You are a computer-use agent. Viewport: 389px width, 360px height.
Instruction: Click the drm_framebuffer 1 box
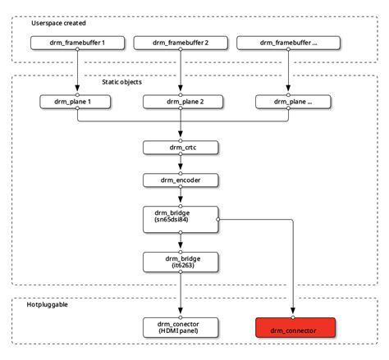coord(77,43)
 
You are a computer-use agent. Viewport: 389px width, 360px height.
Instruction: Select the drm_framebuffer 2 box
coord(181,43)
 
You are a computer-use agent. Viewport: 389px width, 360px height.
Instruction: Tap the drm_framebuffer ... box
coord(288,43)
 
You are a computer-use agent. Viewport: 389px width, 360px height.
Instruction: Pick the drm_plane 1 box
coord(76,102)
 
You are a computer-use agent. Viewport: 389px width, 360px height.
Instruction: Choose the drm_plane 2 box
coord(183,102)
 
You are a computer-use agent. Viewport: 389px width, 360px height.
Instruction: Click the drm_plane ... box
coord(293,102)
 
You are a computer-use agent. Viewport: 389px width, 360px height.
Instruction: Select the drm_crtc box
coord(181,148)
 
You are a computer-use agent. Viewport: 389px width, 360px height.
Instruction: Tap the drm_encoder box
coord(181,180)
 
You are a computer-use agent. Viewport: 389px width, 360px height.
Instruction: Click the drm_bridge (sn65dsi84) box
coord(181,220)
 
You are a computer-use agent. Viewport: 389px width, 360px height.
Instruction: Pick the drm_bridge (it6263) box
coord(181,262)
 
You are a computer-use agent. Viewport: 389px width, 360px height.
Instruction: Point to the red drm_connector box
coord(295,327)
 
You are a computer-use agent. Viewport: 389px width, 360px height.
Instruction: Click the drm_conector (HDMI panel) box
coord(181,327)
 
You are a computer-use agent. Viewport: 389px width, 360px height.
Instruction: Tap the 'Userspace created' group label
coord(58,23)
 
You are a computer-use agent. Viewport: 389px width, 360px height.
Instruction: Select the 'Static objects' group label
coord(121,82)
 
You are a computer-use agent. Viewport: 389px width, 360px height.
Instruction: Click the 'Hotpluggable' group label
coord(47,304)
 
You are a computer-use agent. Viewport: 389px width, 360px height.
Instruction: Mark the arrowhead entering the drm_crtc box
coord(181,134)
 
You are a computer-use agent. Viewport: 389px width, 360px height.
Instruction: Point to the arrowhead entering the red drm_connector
coord(293,311)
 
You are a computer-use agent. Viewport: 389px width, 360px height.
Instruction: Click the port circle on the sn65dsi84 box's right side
coord(218,220)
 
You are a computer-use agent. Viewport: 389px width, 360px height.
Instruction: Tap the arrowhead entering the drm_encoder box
coord(181,166)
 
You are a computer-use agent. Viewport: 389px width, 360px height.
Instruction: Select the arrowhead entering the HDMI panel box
coord(181,311)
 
